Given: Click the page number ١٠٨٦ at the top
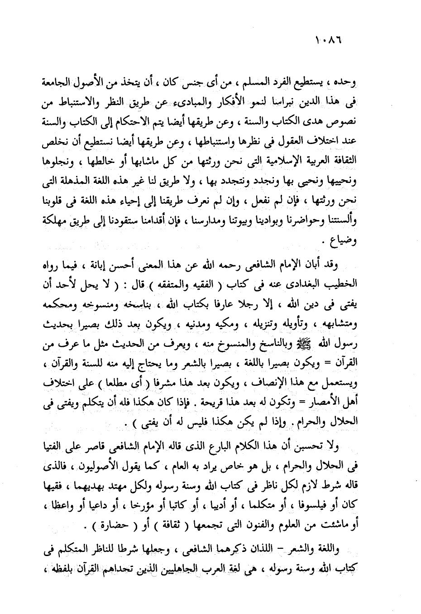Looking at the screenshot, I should (x=328, y=41).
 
